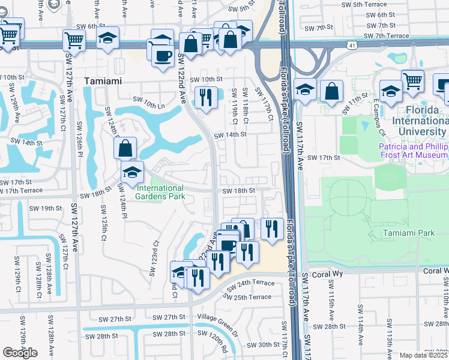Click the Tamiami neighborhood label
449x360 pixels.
point(103,81)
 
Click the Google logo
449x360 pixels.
point(20,353)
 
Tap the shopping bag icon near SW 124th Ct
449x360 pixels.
point(125,147)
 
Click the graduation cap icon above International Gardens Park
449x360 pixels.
point(132,172)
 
